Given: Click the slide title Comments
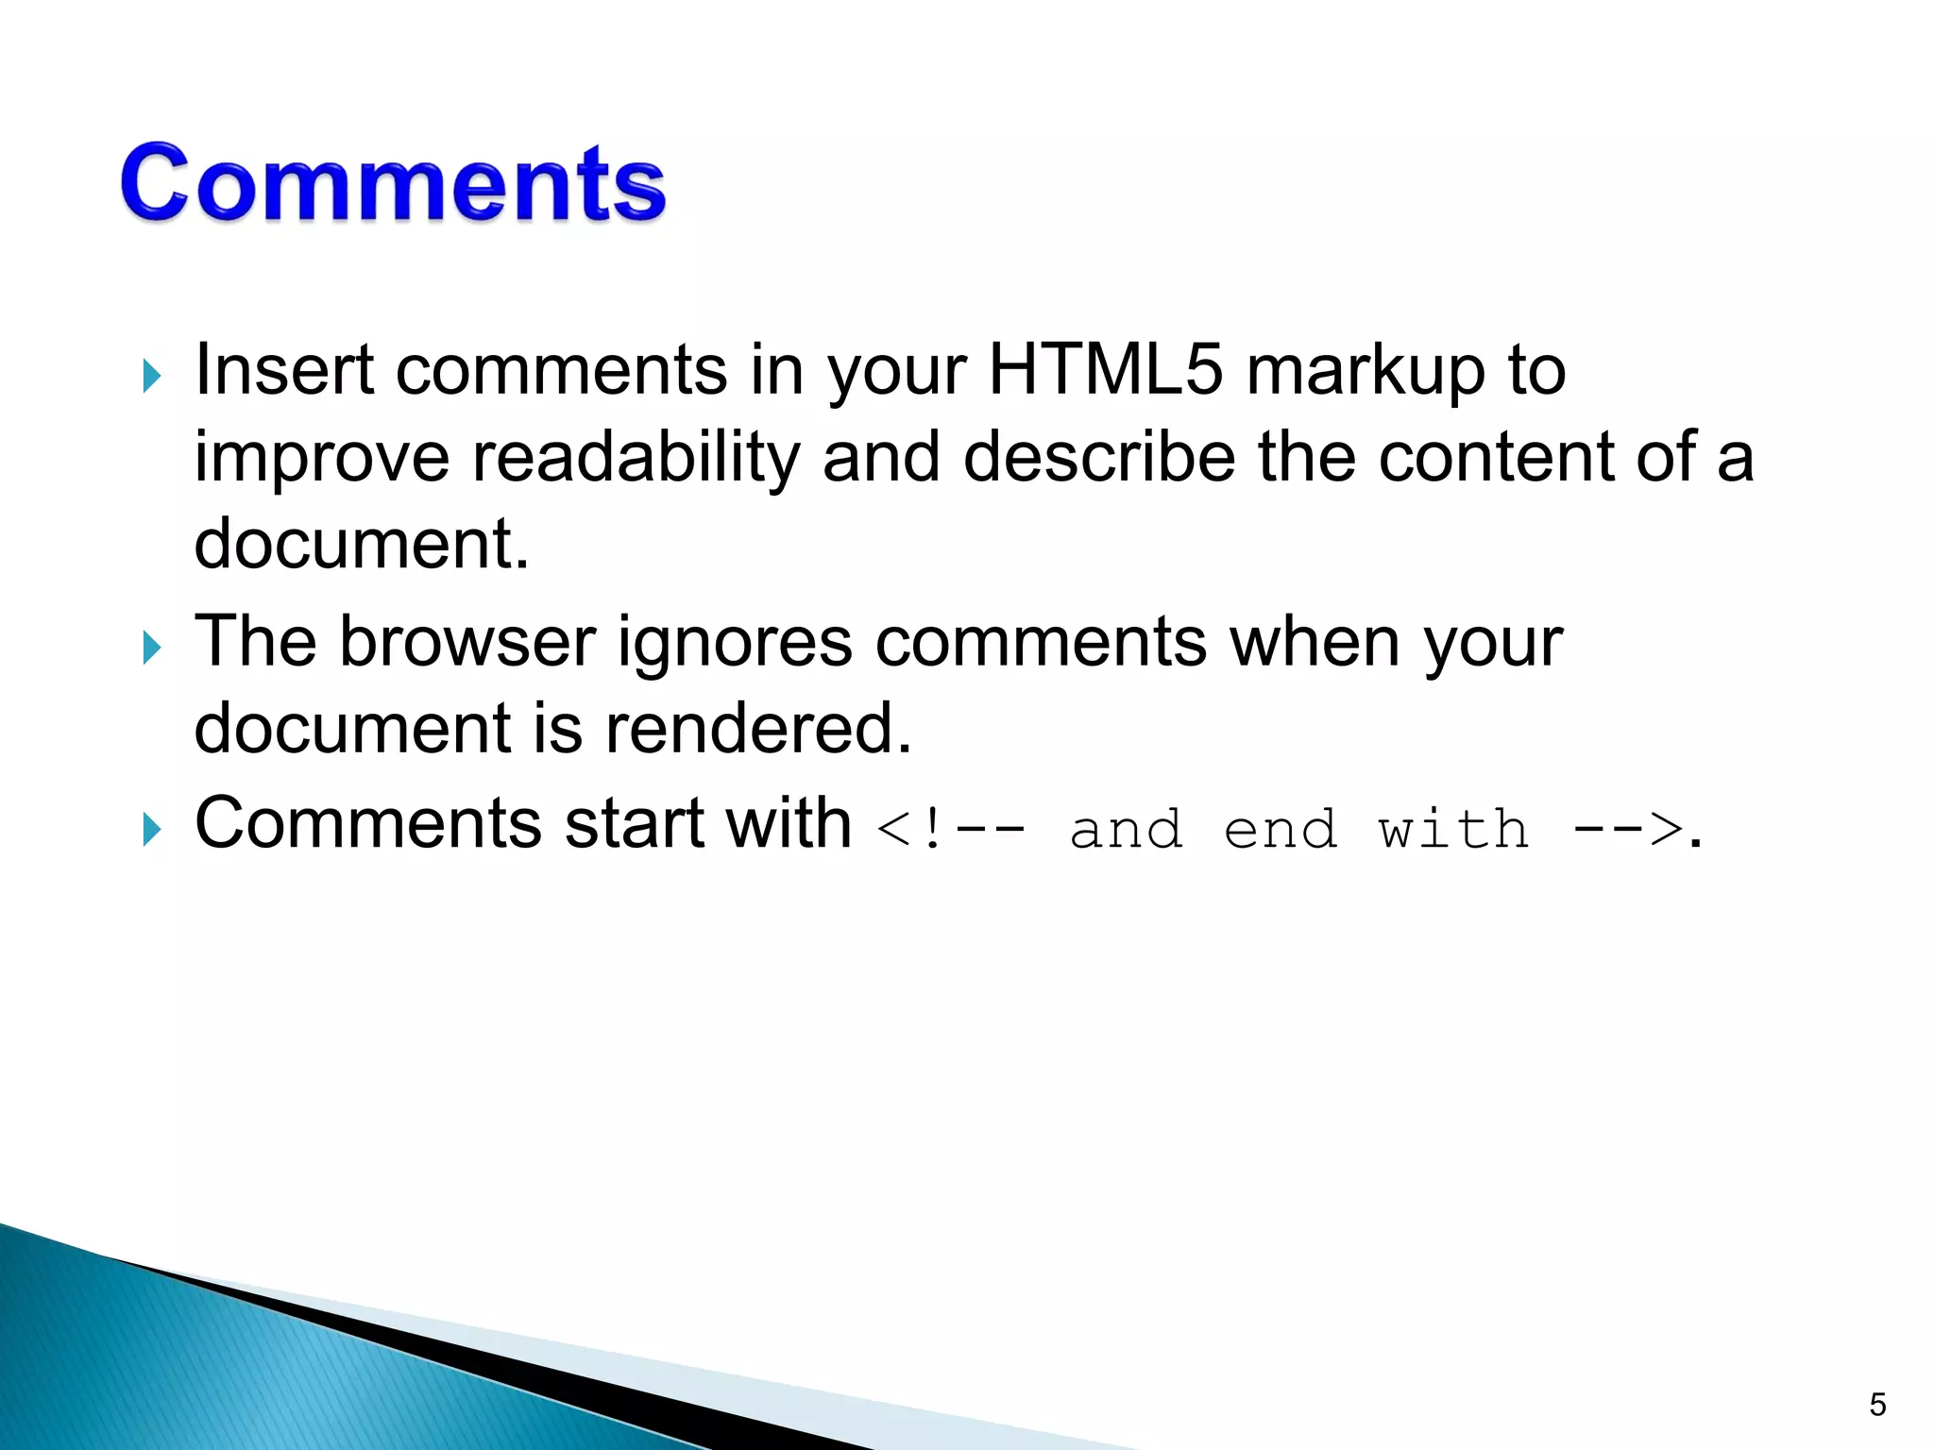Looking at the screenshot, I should [x=393, y=183].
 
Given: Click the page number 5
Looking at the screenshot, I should [x=1877, y=1405].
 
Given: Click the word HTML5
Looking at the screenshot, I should [x=1105, y=370].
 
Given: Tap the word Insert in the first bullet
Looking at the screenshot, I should [x=283, y=370].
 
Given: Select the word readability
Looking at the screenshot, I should [x=636, y=459].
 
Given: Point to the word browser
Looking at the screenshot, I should [x=467, y=642].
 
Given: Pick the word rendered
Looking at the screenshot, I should [x=757, y=729].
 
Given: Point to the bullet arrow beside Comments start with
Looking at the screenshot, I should [x=152, y=830].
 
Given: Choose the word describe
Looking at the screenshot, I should [x=1099, y=459].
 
